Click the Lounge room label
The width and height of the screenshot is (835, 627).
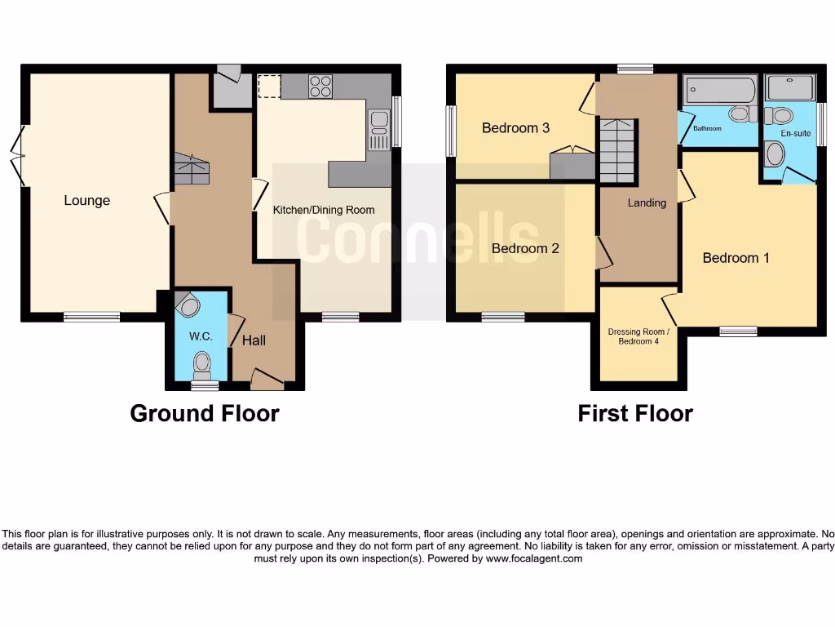pos(87,201)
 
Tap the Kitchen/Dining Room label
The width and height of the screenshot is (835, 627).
pos(324,210)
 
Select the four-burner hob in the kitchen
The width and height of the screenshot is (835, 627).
pos(320,86)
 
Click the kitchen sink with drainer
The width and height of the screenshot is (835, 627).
pos(379,131)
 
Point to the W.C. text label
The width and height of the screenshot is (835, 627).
pos(201,336)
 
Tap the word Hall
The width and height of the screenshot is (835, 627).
pos(254,340)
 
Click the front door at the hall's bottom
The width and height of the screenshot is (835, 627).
pos(267,379)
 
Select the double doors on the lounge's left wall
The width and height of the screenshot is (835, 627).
pos(19,156)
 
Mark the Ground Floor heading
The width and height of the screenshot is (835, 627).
pos(205,414)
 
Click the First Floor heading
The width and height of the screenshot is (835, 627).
pos(635,414)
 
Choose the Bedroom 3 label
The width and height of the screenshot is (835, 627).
pos(515,128)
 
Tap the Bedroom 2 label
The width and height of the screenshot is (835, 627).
pos(525,248)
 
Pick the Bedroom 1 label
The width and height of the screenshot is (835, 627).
pos(736,258)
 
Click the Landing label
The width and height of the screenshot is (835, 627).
pos(647,202)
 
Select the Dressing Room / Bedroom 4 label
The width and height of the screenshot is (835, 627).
pos(638,336)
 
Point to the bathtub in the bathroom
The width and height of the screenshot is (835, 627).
pos(719,88)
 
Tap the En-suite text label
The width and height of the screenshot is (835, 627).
pos(796,132)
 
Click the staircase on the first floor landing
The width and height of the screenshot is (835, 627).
pos(617,150)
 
